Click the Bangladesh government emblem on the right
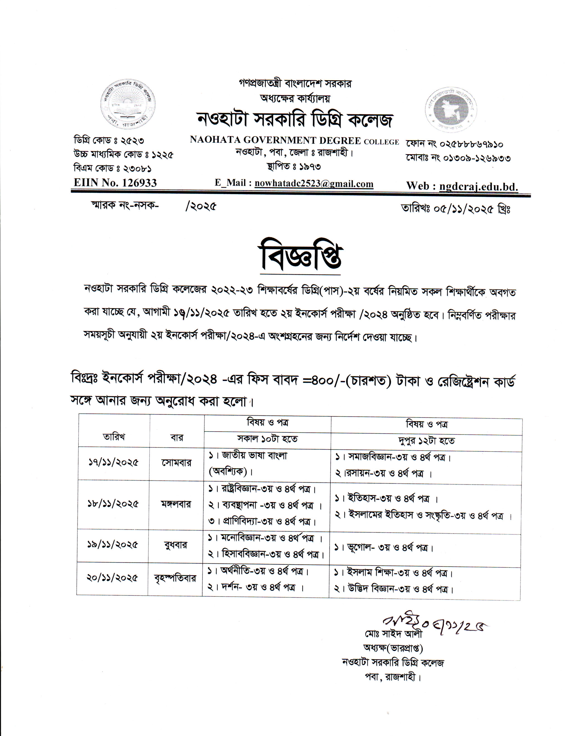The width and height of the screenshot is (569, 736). tap(451, 109)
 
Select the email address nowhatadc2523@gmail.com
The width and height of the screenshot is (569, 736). tap(314, 184)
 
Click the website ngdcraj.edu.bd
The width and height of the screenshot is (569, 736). tap(479, 186)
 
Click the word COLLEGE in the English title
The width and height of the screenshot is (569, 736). tap(381, 142)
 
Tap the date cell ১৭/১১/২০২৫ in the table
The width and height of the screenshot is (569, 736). tap(113, 462)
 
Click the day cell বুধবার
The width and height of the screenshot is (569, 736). tap(175, 545)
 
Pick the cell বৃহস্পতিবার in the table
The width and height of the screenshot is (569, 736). tap(175, 578)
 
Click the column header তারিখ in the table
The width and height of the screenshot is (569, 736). tap(114, 437)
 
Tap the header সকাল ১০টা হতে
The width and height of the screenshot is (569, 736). tap(267, 439)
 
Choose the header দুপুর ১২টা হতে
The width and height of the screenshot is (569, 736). tap(426, 441)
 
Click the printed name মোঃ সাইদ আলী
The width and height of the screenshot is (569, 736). tap(393, 634)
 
